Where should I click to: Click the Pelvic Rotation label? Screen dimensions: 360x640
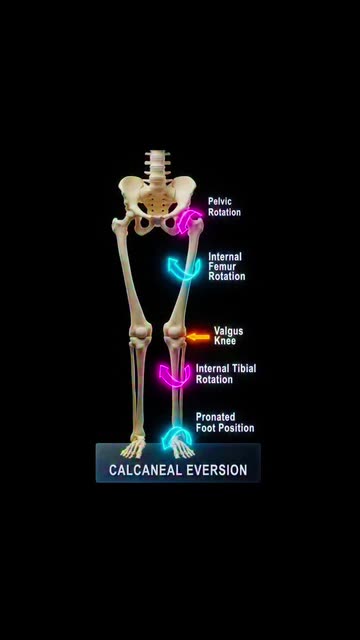[x=224, y=207]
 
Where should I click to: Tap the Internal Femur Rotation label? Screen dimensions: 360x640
[x=227, y=267]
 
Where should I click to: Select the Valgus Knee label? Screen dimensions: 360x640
[x=228, y=336]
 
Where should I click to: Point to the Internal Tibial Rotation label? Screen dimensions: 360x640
[x=226, y=373]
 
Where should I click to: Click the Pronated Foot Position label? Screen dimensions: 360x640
[x=225, y=422]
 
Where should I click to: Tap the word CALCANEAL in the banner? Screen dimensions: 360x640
[x=145, y=470]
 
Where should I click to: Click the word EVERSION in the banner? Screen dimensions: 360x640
[x=217, y=470]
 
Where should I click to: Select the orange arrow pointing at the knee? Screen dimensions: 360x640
[x=198, y=337]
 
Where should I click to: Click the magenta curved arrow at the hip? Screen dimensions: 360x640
[x=189, y=220]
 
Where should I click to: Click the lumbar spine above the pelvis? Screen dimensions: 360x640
[x=157, y=165]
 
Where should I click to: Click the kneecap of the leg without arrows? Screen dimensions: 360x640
[x=140, y=331]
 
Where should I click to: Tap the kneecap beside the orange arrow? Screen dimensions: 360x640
[x=173, y=330]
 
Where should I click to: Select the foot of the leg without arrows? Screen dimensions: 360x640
[x=133, y=447]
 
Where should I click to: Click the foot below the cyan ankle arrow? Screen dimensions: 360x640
[x=183, y=448]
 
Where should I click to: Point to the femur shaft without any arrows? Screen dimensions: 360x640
[x=129, y=273]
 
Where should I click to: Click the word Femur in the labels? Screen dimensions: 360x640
[x=222, y=267]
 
